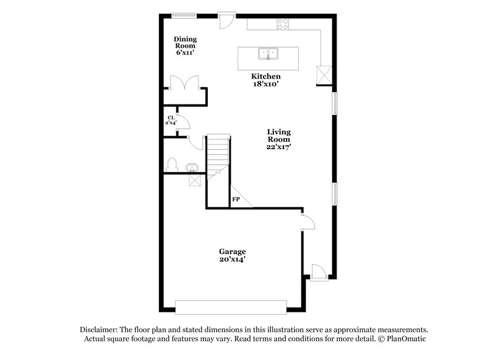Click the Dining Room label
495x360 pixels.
(185, 45)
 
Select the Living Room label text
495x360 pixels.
(278, 139)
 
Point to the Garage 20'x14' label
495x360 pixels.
(232, 255)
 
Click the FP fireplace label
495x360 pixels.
(236, 200)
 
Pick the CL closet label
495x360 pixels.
(170, 120)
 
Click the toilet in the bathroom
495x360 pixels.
(173, 165)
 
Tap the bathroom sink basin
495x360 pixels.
(191, 166)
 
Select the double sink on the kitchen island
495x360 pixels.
(268, 54)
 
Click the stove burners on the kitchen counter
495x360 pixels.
(283, 24)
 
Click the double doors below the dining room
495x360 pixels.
(184, 83)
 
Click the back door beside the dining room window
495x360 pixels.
(226, 19)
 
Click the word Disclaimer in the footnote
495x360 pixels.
(99, 330)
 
